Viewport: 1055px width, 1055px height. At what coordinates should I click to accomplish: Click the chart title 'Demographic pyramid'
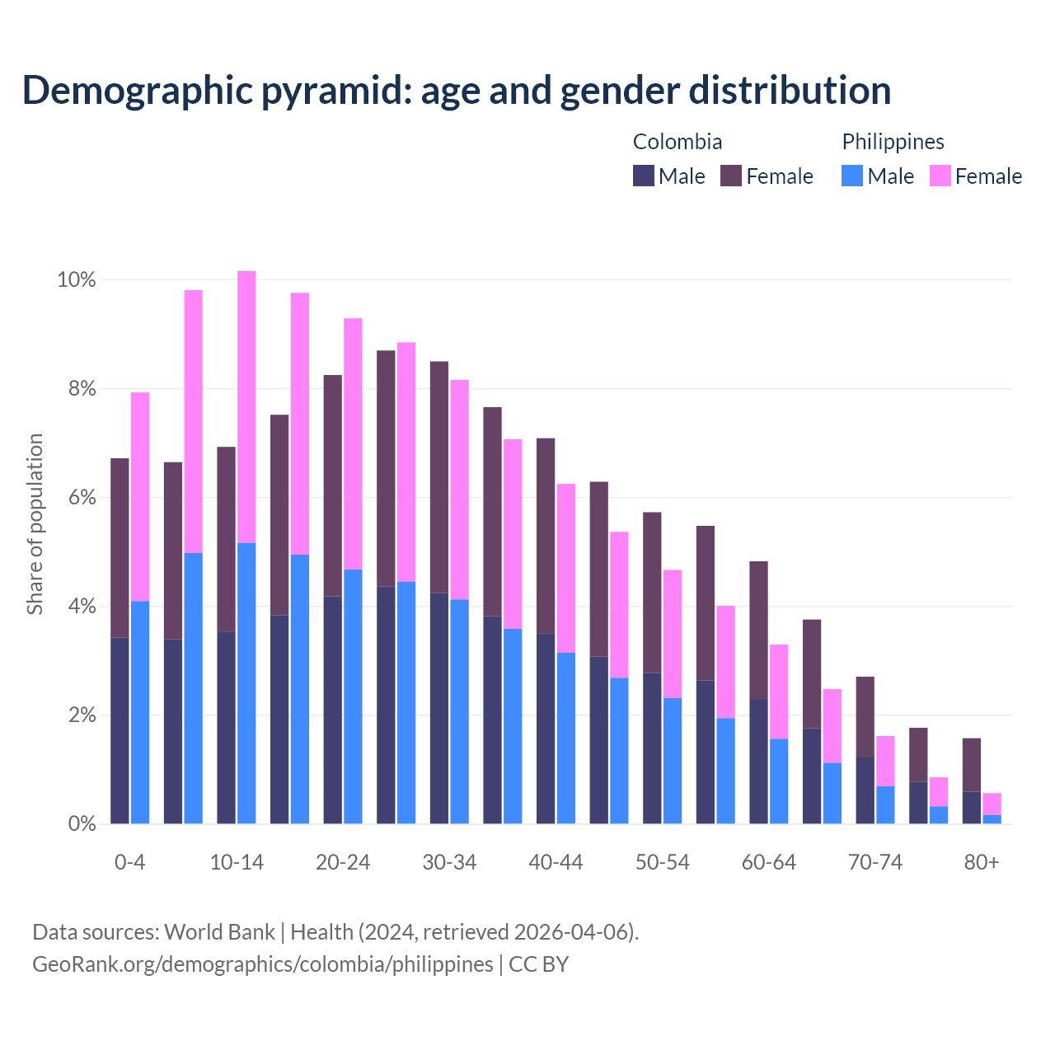click(x=456, y=91)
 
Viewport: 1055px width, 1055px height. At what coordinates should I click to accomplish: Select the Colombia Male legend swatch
click(x=644, y=176)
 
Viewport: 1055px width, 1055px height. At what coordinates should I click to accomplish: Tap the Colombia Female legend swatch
click(x=731, y=176)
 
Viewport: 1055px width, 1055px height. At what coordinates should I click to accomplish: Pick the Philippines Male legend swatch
click(x=852, y=176)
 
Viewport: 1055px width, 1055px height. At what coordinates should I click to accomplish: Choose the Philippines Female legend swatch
click(x=940, y=176)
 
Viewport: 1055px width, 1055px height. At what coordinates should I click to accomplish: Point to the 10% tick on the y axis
click(x=77, y=280)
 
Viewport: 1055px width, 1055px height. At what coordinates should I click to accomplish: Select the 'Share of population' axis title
click(x=35, y=524)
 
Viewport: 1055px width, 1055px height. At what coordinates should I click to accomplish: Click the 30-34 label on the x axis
click(x=449, y=862)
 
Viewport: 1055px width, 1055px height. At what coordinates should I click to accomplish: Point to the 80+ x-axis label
click(x=982, y=862)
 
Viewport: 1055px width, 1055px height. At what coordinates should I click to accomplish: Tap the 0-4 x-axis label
click(x=130, y=862)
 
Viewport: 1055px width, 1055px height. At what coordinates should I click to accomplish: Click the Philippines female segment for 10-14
click(x=246, y=406)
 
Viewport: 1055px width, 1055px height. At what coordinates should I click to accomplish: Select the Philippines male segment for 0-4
click(x=140, y=712)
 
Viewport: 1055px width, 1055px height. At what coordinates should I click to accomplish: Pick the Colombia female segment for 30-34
click(x=439, y=476)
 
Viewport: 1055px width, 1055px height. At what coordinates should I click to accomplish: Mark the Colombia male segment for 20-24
click(x=333, y=710)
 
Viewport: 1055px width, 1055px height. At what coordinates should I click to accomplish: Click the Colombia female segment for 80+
click(x=972, y=765)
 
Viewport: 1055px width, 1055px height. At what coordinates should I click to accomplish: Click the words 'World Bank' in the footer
click(x=219, y=932)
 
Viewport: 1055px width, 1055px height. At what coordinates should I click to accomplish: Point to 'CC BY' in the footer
click(x=538, y=964)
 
